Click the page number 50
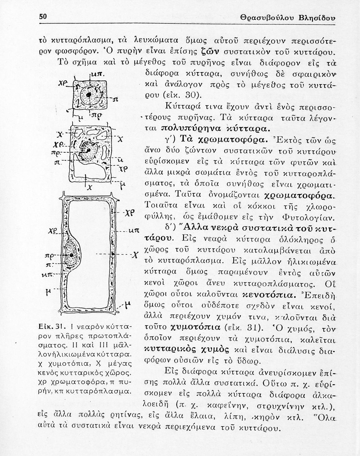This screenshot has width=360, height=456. coord(43,17)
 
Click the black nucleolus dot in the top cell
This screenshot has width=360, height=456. coord(89,95)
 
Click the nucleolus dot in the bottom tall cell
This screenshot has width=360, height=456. coord(71,255)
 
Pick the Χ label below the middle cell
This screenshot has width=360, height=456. coord(90,188)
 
